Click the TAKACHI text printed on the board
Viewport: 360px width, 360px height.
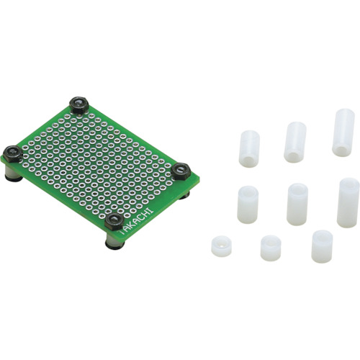coord(136,221)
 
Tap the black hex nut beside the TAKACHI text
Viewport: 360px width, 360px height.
coord(114,221)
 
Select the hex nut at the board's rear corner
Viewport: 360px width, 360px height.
coord(79,105)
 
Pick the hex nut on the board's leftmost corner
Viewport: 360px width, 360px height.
coord(13,154)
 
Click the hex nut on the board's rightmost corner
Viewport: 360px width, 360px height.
coord(181,171)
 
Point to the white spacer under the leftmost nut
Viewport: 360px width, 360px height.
coord(14,173)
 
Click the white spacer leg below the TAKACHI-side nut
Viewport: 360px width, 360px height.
coord(114,240)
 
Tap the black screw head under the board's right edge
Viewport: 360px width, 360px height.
coord(185,195)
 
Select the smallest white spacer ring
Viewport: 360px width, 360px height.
coord(221,246)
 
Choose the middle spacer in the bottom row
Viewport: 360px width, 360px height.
coord(271,248)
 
